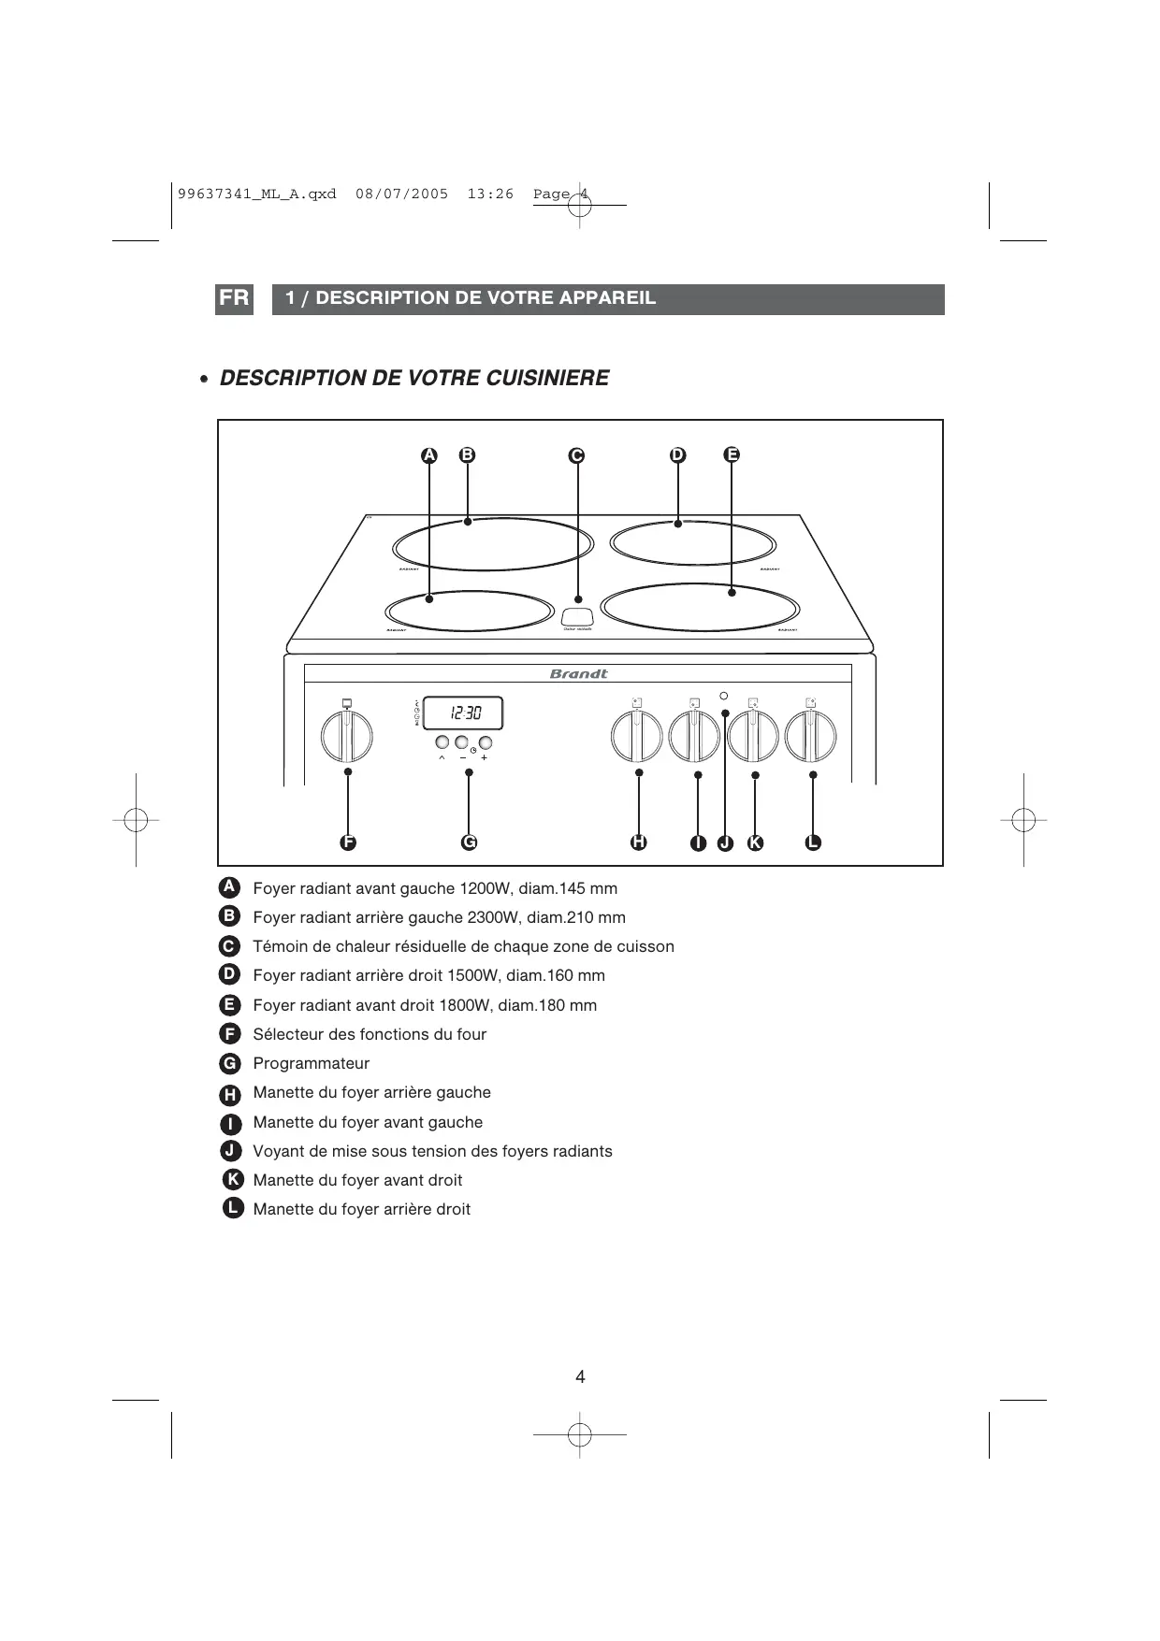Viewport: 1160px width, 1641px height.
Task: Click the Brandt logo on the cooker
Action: [578, 673]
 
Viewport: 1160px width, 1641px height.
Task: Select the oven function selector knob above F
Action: [347, 736]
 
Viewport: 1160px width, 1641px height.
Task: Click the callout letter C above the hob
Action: [576, 455]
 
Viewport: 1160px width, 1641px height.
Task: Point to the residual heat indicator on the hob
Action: [577, 617]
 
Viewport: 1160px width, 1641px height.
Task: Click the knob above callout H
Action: [637, 736]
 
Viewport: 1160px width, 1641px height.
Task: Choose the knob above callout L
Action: [811, 736]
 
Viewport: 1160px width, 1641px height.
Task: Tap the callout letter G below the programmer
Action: [470, 842]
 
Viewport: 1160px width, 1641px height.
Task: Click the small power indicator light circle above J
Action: [724, 696]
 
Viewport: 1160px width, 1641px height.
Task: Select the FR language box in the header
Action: [234, 299]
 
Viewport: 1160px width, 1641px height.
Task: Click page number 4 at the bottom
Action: [580, 1376]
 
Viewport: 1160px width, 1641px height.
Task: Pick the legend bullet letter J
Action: [229, 1151]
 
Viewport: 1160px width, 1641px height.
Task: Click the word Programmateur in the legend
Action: [311, 1063]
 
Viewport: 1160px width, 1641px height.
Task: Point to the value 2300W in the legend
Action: [493, 917]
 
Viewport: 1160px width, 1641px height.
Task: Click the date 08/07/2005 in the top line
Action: [402, 194]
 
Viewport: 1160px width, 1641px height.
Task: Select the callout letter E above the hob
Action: [732, 454]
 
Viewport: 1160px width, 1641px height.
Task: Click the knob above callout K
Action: [753, 736]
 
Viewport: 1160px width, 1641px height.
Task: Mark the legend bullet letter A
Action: [229, 887]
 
